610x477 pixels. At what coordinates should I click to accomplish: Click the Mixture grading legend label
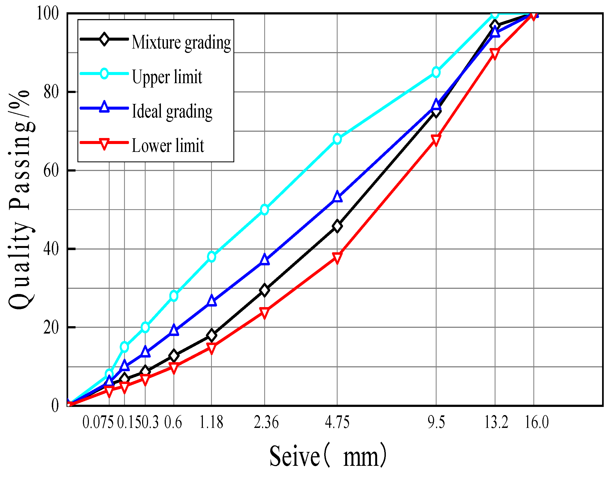coord(181,43)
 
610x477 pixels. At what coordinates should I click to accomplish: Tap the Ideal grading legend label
coord(172,111)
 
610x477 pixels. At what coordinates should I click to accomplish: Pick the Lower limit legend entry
coord(168,146)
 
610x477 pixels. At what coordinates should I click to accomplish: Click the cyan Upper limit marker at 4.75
coord(337,139)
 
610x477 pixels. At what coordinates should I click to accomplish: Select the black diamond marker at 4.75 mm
coord(337,226)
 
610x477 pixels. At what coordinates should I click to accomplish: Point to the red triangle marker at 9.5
coord(436,140)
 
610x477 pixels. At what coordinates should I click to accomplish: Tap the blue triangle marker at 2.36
coord(265,260)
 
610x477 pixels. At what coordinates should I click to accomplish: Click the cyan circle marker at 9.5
coord(436,72)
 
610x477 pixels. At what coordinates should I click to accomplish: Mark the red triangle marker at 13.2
coord(495,54)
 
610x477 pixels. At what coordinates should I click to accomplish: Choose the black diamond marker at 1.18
coord(211,335)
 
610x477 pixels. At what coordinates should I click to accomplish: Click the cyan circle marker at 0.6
coord(174,296)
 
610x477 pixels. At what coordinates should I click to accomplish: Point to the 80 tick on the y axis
coord(51,92)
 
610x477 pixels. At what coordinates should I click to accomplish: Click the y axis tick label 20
coord(51,327)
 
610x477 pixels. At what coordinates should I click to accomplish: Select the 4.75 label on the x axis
coord(337,422)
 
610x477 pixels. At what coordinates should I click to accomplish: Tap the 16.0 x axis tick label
coord(537,422)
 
